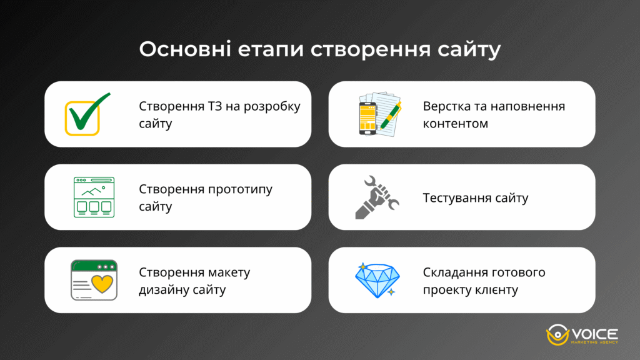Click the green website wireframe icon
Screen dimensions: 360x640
(x=94, y=197)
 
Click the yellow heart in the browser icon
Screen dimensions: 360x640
(x=101, y=283)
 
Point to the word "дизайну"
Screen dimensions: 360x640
(x=163, y=290)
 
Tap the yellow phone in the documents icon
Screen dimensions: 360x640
(x=367, y=118)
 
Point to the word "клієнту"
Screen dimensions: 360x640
(x=496, y=290)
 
